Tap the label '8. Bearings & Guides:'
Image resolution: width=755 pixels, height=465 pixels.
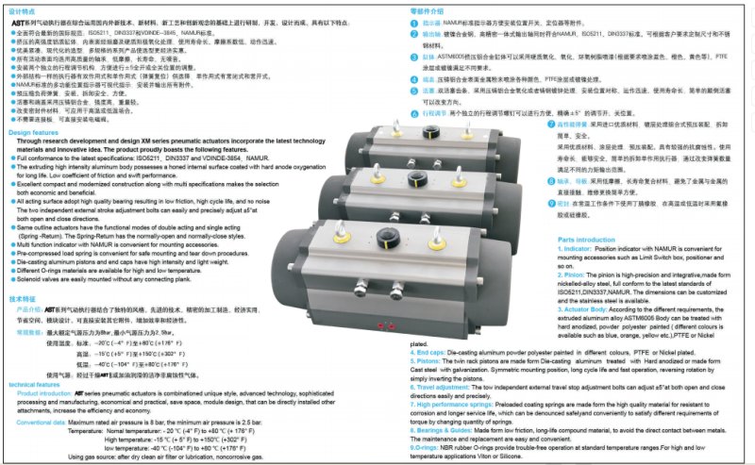coord(448,428)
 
